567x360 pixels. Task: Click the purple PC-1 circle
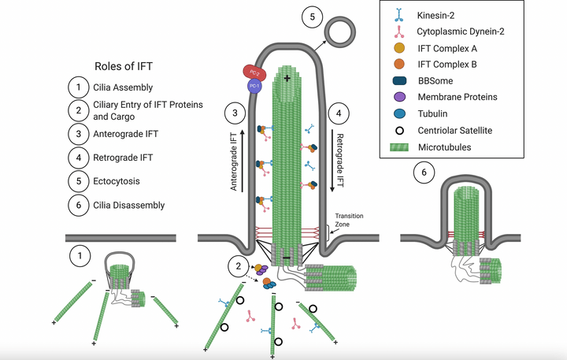coord(254,85)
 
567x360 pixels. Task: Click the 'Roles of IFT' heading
coord(129,66)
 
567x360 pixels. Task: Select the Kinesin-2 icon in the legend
coord(401,13)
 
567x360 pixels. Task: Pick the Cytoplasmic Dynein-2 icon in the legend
coord(401,31)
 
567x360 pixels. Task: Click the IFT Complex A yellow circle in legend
coord(401,48)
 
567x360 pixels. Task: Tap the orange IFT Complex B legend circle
coord(401,65)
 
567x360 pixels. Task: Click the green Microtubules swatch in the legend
coord(401,147)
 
